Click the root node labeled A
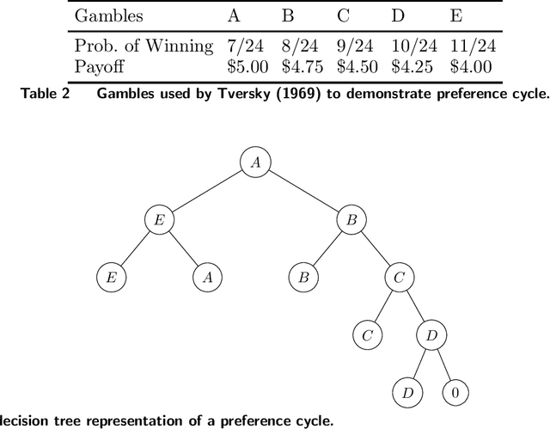point(254,162)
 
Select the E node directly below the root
point(158,220)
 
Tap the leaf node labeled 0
point(456,393)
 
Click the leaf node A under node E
point(206,278)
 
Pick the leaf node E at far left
point(110,278)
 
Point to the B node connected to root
point(351,220)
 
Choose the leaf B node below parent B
point(302,278)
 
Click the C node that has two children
point(399,278)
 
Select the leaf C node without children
point(367,335)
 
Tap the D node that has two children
point(431,335)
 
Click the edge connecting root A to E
point(206,191)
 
